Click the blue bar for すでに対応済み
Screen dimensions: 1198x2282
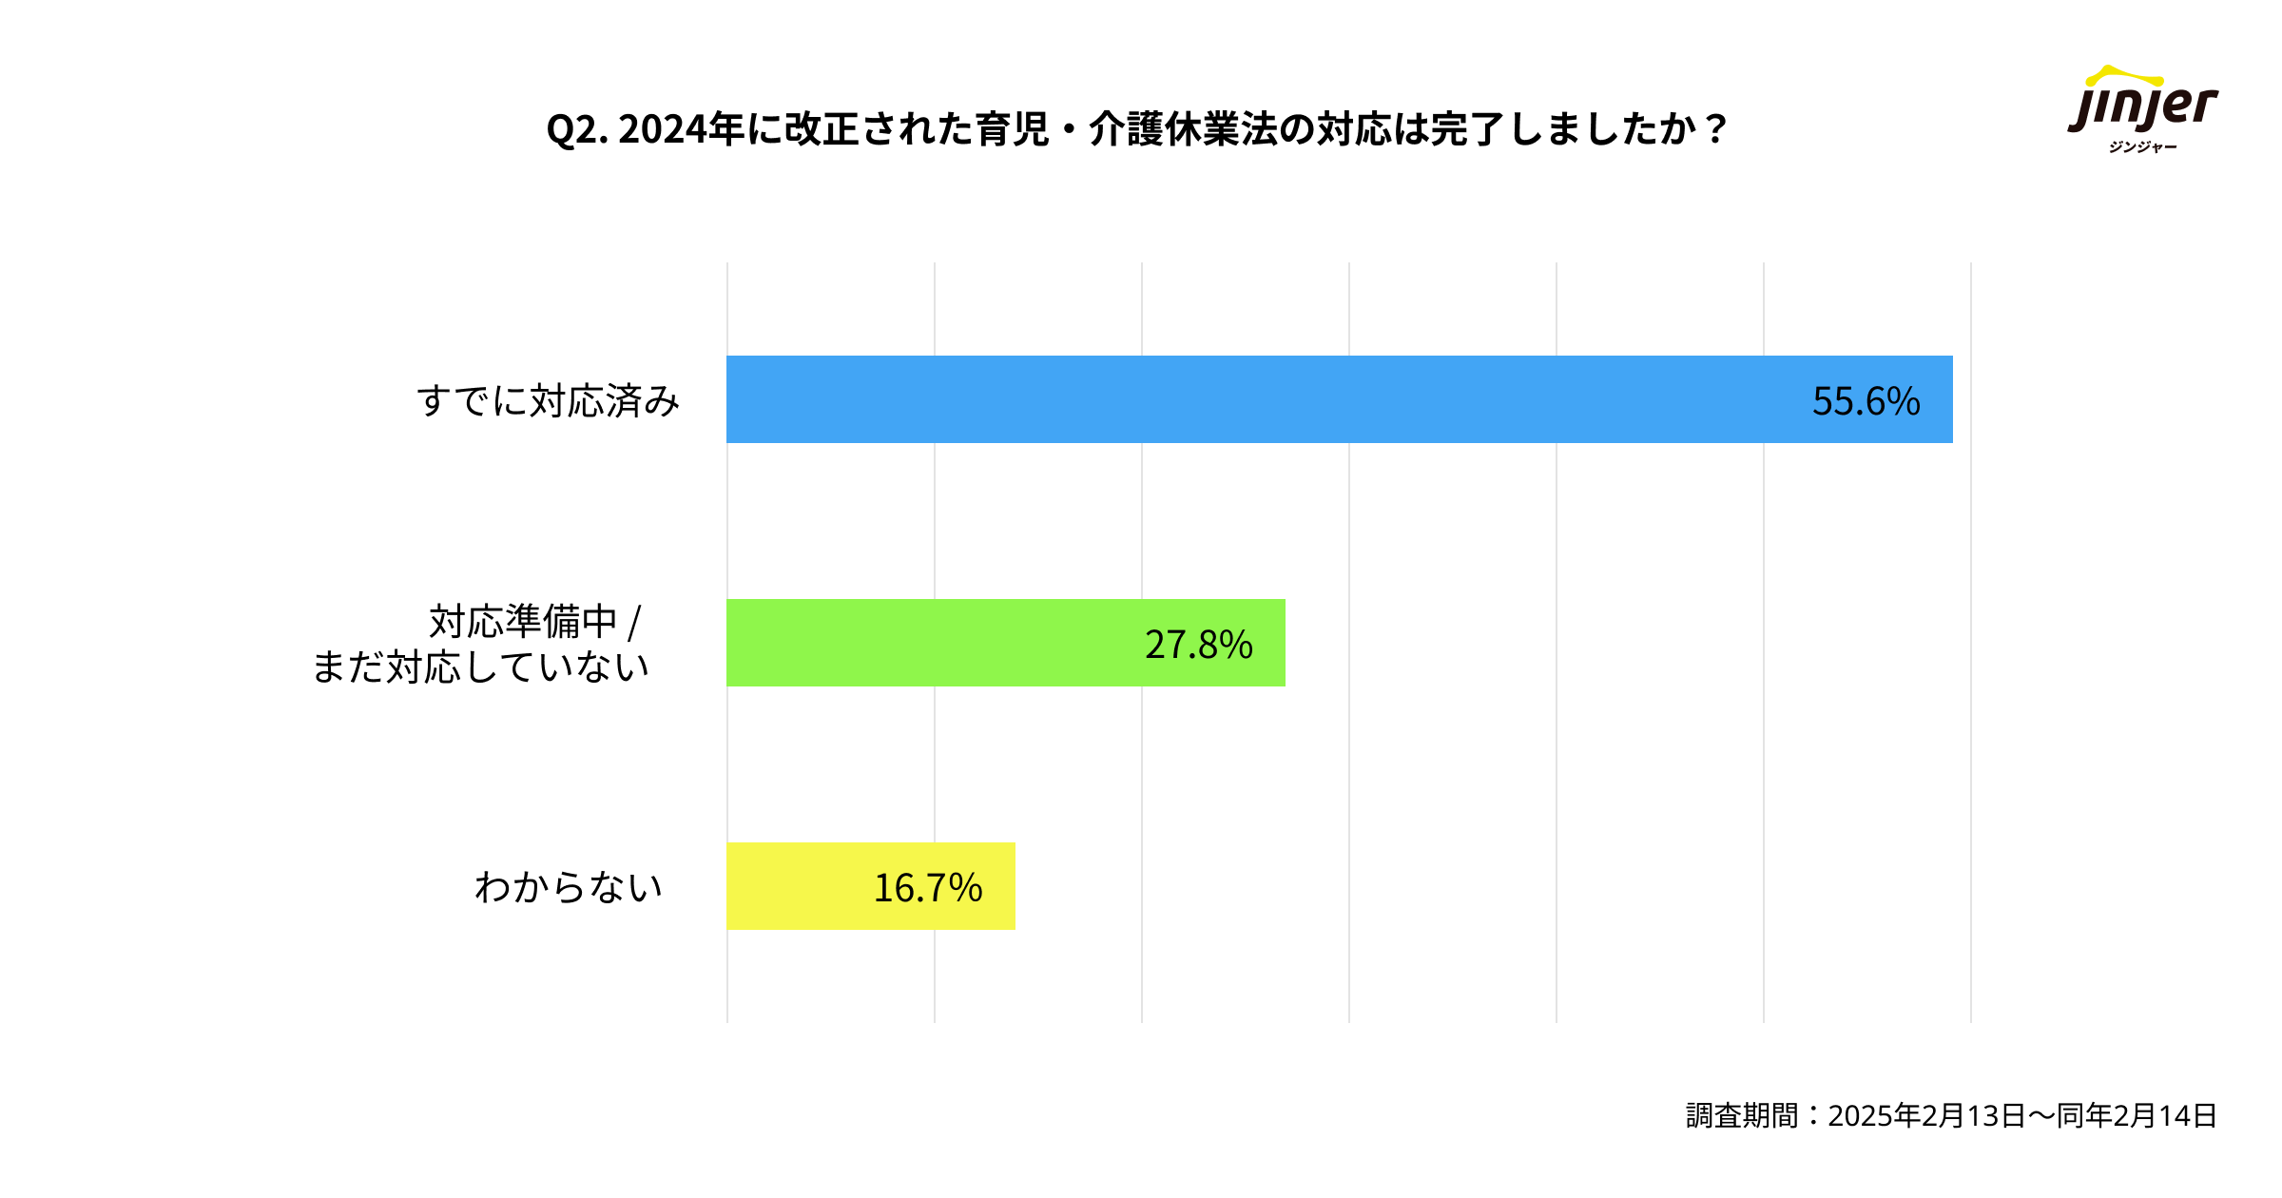(x=1236, y=399)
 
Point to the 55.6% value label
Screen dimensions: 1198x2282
(x=1866, y=401)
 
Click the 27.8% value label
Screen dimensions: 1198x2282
(x=1198, y=645)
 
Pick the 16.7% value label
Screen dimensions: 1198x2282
(x=927, y=888)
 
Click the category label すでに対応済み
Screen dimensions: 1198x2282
(x=549, y=401)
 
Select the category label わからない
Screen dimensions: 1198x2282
(x=568, y=887)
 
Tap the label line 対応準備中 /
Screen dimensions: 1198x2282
(x=535, y=622)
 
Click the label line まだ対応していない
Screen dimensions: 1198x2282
(x=480, y=667)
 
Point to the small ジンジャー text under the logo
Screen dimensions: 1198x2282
(x=2142, y=147)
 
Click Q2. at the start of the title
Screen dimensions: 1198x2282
(x=577, y=130)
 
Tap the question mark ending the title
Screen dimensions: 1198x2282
(x=1715, y=130)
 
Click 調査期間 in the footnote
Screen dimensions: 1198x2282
(x=1742, y=1115)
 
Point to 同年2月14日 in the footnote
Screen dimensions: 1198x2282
(x=2137, y=1115)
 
